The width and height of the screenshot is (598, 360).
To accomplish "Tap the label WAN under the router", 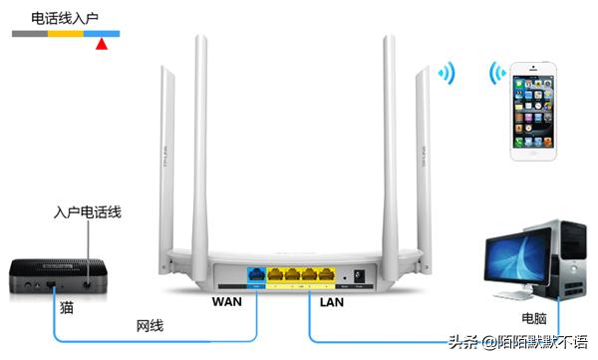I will point(228,300).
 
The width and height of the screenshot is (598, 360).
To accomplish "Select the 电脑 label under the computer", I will point(533,319).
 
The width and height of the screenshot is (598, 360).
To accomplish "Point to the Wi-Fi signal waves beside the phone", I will point(494,74).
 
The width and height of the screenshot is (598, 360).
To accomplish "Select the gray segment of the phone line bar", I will point(31,34).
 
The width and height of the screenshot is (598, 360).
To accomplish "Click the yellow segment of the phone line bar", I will point(66,34).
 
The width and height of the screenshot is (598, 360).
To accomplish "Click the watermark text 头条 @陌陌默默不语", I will point(518,343).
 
